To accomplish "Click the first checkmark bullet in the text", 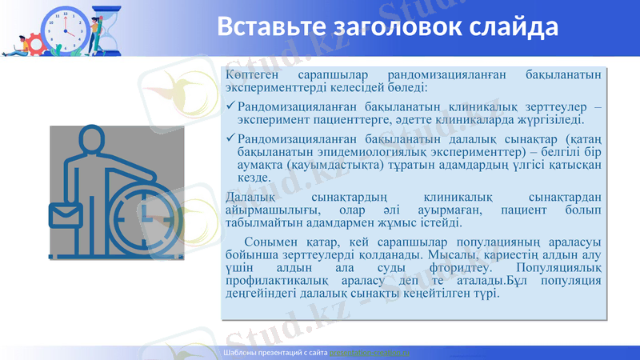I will click(231, 106).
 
